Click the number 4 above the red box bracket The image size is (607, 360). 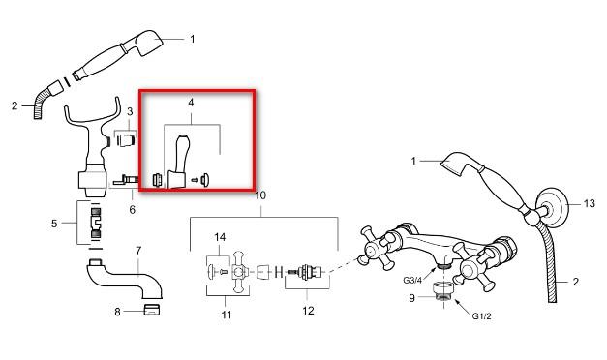point(191,103)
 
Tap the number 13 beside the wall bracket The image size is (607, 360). point(590,203)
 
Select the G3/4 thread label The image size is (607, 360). point(412,281)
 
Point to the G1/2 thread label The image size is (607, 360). point(481,316)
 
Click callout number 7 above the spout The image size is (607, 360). point(138,251)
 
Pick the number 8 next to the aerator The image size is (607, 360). point(118,312)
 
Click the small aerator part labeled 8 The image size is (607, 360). point(152,310)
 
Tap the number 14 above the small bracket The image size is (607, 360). point(220,237)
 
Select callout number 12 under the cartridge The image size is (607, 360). point(308,311)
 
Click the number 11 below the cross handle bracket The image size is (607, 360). point(227,315)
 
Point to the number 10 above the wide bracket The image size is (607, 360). point(260,195)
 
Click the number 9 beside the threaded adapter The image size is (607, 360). point(411,298)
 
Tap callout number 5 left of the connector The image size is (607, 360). point(54,224)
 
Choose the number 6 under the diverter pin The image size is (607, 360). point(133,209)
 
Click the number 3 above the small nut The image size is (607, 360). point(130,112)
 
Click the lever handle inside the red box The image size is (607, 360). point(178,162)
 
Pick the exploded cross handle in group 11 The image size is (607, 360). point(239,272)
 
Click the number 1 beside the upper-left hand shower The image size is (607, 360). point(192,39)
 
